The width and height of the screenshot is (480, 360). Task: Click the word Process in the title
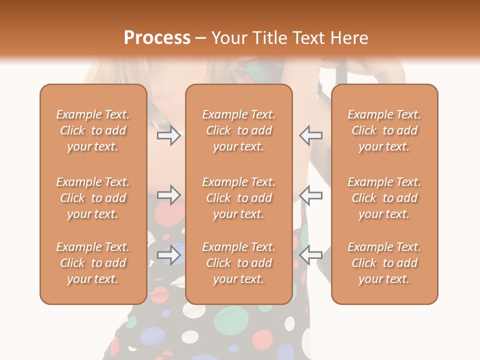157,38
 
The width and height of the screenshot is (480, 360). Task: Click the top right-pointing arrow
168,135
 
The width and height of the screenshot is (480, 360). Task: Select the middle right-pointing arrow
168,194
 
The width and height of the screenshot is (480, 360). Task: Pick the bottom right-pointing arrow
168,255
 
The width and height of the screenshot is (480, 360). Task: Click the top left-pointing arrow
310,135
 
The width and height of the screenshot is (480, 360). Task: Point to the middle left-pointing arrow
310,194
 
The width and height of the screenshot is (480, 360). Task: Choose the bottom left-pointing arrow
310,255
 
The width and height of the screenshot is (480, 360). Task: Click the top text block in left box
93,130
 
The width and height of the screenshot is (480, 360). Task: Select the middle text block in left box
93,198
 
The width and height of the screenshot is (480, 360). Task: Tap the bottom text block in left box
93,263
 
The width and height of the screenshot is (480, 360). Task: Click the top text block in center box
239,130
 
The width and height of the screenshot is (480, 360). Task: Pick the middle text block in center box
239,198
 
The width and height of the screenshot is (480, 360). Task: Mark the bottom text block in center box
239,263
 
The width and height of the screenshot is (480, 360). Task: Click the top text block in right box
384,130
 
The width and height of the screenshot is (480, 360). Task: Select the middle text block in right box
384,198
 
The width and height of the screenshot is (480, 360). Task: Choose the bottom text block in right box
384,263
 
